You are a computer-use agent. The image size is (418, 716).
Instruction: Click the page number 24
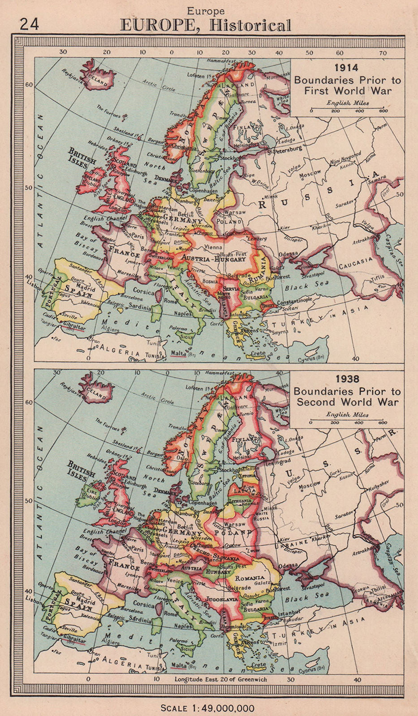[x=30, y=24]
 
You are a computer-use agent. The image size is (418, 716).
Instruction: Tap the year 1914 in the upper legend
[x=347, y=68]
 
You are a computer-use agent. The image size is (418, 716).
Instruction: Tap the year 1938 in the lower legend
[x=347, y=379]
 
